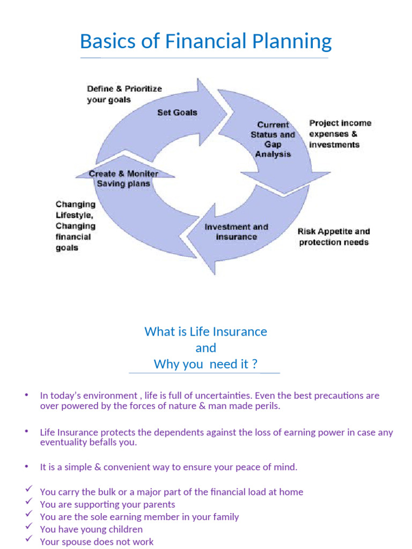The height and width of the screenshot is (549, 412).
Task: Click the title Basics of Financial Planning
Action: (205, 42)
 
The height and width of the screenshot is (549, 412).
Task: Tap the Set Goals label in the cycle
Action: (177, 113)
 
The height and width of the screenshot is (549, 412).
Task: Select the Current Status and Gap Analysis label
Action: (273, 139)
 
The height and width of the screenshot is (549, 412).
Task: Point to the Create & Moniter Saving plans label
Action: (123, 179)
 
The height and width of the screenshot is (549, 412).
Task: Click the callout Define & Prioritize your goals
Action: (124, 94)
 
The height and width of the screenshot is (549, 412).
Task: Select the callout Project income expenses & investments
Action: (340, 133)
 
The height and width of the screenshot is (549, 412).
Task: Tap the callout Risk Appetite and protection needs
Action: (334, 236)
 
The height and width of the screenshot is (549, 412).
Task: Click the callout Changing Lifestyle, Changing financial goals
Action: (76, 226)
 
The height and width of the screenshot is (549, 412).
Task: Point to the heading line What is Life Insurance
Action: (205, 331)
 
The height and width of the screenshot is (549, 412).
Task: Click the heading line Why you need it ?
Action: (205, 364)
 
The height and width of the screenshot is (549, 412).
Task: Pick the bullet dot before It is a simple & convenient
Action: (26, 466)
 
